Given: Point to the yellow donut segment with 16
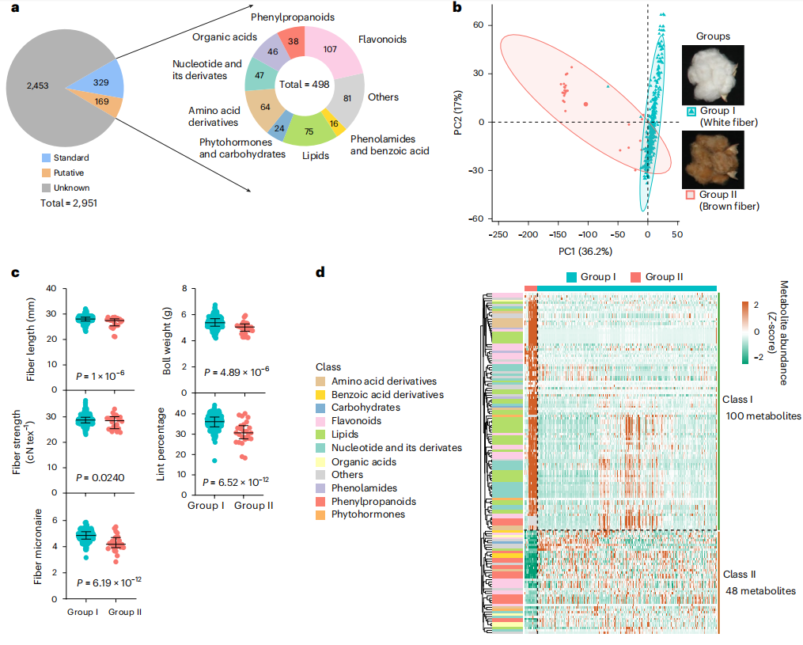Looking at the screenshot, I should click(335, 123).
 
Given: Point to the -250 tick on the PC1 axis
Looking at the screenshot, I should click(499, 234).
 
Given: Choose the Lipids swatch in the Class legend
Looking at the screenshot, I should click(322, 434).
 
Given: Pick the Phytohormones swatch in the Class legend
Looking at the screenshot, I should click(322, 514).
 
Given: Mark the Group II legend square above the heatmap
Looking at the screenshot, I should click(635, 276).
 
